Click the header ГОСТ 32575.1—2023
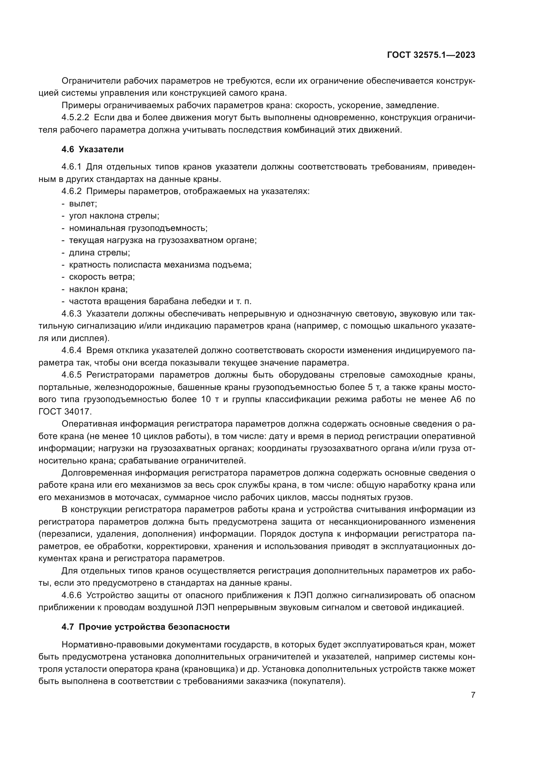tap(431, 55)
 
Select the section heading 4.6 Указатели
tap(92, 149)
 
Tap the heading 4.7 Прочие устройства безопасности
tap(146, 627)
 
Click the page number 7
tap(473, 695)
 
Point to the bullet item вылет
tap(83, 203)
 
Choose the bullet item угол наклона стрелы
tap(114, 216)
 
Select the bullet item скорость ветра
tap(102, 277)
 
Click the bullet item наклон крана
tap(98, 289)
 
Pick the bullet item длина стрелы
tap(100, 252)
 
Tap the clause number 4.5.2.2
tap(75, 118)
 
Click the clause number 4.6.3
tap(71, 314)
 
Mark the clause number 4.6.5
tap(71, 375)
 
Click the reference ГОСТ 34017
tap(65, 412)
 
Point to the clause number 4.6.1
tap(71, 167)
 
